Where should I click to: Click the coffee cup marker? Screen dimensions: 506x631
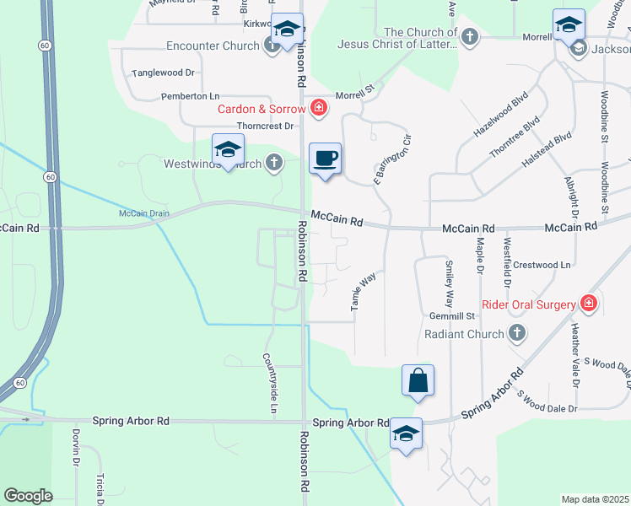coord(326,158)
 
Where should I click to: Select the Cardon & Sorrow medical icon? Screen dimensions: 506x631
coord(319,107)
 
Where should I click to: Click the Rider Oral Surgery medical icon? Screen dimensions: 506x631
coord(589,304)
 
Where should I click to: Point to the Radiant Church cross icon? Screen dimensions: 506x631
coord(518,333)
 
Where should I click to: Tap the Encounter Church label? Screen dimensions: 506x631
coord(213,46)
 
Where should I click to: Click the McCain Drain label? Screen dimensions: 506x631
coord(143,213)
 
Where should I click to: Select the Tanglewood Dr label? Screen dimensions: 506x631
coord(163,73)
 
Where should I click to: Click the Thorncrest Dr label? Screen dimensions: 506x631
coord(265,126)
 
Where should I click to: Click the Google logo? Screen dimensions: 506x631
coord(28,496)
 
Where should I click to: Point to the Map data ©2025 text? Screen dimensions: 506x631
coord(595,499)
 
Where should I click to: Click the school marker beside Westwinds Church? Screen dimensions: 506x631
coord(228,150)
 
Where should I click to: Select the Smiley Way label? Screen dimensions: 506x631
coord(450,283)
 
